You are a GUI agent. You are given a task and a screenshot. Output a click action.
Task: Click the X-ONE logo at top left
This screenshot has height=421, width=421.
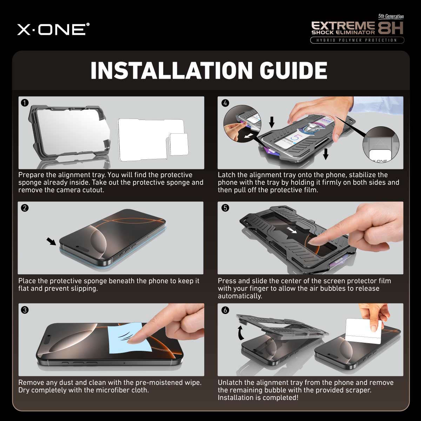tap(53, 29)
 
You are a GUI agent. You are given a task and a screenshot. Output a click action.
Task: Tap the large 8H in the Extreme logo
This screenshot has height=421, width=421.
tap(390, 28)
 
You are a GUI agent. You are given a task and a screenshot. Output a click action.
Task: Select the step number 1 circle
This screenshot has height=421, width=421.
tap(25, 103)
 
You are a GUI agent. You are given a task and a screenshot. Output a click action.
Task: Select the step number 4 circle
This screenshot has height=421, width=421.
tap(225, 103)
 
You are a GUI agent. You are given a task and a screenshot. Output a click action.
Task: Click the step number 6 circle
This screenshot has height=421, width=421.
tap(225, 310)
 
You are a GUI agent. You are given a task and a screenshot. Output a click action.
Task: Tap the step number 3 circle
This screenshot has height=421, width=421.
tap(25, 310)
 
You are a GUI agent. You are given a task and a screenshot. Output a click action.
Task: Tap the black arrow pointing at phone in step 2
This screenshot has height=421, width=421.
tap(51, 241)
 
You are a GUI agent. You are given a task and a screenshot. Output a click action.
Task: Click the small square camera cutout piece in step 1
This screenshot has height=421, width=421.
tap(178, 144)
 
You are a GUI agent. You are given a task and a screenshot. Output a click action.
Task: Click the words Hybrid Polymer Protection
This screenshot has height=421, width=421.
tap(357, 40)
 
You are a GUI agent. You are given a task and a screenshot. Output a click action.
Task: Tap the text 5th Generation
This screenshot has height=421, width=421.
tap(390, 16)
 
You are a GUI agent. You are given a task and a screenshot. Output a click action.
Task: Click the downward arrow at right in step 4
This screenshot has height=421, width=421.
tap(326, 153)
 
